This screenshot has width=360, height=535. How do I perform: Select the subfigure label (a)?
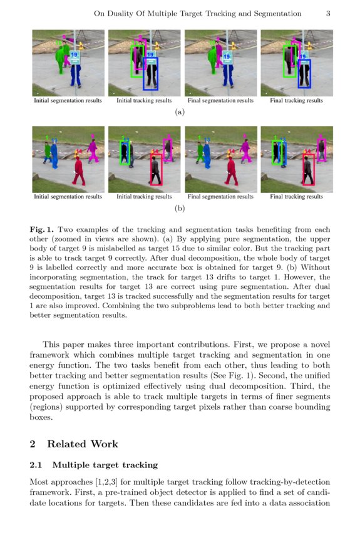[180, 112]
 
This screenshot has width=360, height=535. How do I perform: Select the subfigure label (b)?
[180, 208]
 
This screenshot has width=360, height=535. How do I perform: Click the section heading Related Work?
[82, 444]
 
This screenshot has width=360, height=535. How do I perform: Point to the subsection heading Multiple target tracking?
[105, 465]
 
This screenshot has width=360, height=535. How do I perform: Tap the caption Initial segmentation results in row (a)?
[68, 100]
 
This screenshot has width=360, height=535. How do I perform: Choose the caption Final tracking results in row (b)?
[296, 197]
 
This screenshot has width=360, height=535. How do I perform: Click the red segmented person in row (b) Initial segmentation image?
[79, 170]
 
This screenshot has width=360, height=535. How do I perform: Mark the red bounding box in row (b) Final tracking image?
[307, 170]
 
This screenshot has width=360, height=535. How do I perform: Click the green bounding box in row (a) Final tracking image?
[289, 61]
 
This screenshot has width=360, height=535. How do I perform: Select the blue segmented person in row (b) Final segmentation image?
[207, 154]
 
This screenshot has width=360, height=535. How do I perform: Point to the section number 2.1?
[36, 465]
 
